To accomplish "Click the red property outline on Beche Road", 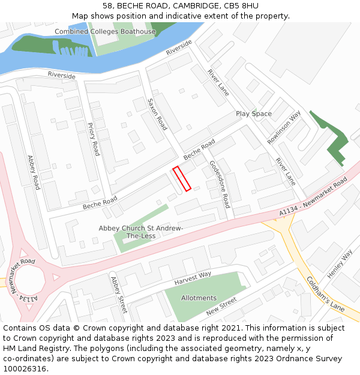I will tap(182, 179).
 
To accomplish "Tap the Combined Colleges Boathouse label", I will tap(105, 32).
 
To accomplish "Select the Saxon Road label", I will tap(157, 114).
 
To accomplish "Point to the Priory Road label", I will tap(92, 139).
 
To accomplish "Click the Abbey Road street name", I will tap(34, 172).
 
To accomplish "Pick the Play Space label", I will tap(253, 113).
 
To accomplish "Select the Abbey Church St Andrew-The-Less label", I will tap(141, 232).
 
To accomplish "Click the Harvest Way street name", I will tap(193, 278).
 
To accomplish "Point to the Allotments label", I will tap(199, 298).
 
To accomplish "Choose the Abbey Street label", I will tap(118, 295).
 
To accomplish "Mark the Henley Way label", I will tap(340, 264).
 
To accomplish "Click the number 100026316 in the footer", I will tap(25, 369).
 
